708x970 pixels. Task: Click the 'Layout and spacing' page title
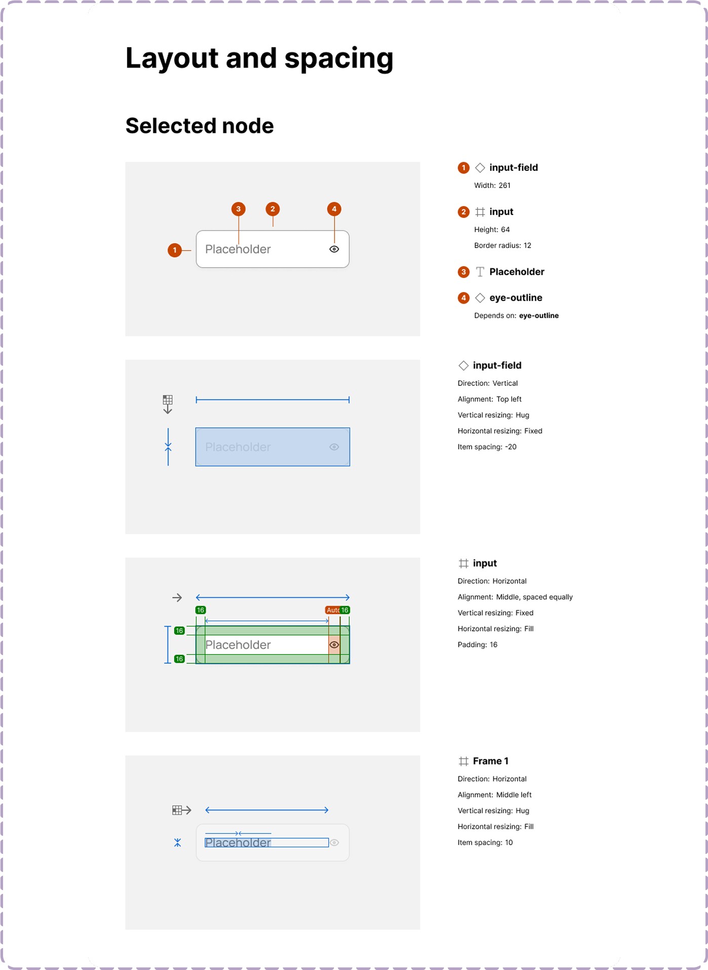click(259, 58)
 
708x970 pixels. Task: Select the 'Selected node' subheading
click(199, 126)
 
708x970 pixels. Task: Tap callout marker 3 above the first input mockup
click(238, 209)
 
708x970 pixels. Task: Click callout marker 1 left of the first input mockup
click(175, 250)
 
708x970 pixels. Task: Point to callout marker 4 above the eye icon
click(334, 209)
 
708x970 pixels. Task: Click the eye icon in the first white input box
click(334, 249)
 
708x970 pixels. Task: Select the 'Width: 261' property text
click(492, 186)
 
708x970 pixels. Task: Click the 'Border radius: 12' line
click(502, 245)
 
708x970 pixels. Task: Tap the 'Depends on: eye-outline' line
click(516, 315)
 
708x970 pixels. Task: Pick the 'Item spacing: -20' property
click(487, 447)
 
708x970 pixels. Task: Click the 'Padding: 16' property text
click(477, 644)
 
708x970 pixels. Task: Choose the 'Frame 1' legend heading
click(490, 761)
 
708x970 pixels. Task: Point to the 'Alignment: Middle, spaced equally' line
click(515, 597)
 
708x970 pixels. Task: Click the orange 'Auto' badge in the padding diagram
click(332, 610)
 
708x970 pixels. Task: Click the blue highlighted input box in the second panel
click(273, 447)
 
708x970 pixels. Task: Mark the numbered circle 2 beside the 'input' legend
click(463, 212)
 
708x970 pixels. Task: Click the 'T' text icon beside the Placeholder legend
click(480, 272)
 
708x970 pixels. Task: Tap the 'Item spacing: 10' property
click(485, 842)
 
